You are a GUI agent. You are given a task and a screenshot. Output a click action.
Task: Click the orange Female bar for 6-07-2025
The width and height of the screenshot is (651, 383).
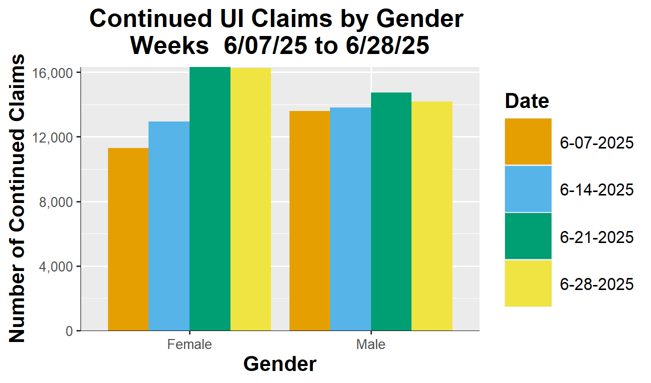tap(128, 239)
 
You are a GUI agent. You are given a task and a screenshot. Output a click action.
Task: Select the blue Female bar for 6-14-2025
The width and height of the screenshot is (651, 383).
tap(169, 226)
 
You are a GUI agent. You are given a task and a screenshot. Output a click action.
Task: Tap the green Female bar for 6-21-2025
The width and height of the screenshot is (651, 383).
tap(210, 199)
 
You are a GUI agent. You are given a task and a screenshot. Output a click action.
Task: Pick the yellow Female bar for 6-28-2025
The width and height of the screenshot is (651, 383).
tap(251, 199)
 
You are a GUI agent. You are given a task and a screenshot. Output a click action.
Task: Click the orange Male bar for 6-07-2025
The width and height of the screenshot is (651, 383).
tap(310, 220)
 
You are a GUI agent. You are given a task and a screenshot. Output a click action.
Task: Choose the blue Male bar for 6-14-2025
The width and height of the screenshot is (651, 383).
tap(350, 219)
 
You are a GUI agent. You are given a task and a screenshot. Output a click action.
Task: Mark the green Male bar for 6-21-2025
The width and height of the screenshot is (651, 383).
tap(391, 211)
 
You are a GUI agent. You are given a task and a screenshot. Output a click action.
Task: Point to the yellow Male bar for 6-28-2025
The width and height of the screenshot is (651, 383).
tap(432, 216)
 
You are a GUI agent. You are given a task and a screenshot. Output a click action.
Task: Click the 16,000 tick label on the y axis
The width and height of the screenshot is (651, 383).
tap(52, 73)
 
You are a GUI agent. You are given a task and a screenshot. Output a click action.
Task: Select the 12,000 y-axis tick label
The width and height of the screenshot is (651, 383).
tap(52, 137)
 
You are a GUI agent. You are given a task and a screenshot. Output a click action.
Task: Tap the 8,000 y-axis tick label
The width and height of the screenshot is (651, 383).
tap(56, 202)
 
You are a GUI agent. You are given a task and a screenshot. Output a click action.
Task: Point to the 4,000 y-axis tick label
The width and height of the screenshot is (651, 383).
tap(56, 266)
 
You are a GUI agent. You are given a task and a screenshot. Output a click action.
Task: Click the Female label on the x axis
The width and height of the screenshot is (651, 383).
tap(189, 344)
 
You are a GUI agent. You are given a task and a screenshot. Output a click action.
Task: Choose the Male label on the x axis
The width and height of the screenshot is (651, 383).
tap(371, 344)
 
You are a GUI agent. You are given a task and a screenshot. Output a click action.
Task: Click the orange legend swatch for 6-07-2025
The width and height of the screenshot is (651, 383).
tap(528, 141)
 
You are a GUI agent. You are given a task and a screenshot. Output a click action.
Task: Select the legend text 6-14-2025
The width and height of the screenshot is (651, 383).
tap(596, 190)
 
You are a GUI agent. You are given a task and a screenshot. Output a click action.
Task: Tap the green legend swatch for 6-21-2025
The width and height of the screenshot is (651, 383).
tap(528, 236)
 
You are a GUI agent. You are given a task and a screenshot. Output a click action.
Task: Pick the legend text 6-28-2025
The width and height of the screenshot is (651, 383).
tap(596, 284)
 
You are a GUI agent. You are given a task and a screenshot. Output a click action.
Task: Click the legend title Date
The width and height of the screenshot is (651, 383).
tap(527, 101)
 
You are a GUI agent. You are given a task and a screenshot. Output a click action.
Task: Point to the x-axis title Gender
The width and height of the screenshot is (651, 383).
tap(280, 364)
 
